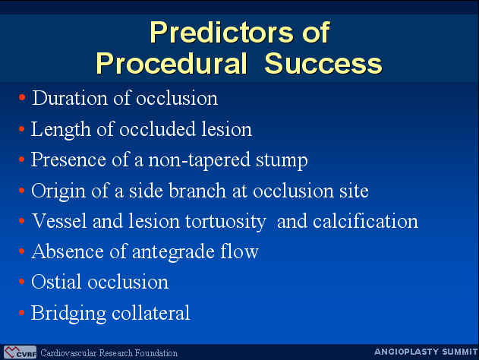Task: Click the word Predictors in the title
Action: (219, 33)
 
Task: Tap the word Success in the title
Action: (323, 64)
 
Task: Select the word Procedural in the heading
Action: (172, 64)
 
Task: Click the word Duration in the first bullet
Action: (70, 98)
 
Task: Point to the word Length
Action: (61, 130)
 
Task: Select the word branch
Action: (197, 191)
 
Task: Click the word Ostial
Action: (57, 282)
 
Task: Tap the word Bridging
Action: (68, 314)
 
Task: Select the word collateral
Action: (151, 313)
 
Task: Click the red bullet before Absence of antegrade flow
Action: (21, 251)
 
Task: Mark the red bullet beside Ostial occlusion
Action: (21, 281)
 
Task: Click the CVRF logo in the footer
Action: (20, 352)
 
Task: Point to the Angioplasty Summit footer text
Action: (426, 352)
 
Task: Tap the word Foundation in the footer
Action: (156, 353)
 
